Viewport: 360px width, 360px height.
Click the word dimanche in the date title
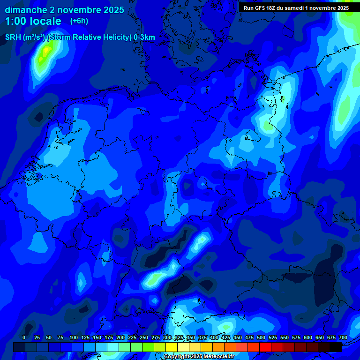coord(26,10)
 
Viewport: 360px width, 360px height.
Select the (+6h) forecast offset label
coord(79,21)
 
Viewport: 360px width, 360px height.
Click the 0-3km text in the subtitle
coord(144,37)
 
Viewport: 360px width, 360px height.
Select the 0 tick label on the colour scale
coord(24,337)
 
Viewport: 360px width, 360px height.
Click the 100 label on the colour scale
coord(74,337)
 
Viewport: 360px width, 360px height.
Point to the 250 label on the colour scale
coord(144,337)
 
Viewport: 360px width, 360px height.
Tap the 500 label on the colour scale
coord(261,337)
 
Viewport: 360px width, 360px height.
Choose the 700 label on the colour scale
coord(343,337)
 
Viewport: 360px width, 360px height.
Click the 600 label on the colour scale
coord(308,337)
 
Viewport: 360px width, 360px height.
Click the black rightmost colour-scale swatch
coord(336,347)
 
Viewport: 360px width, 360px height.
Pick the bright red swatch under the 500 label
coord(265,347)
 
